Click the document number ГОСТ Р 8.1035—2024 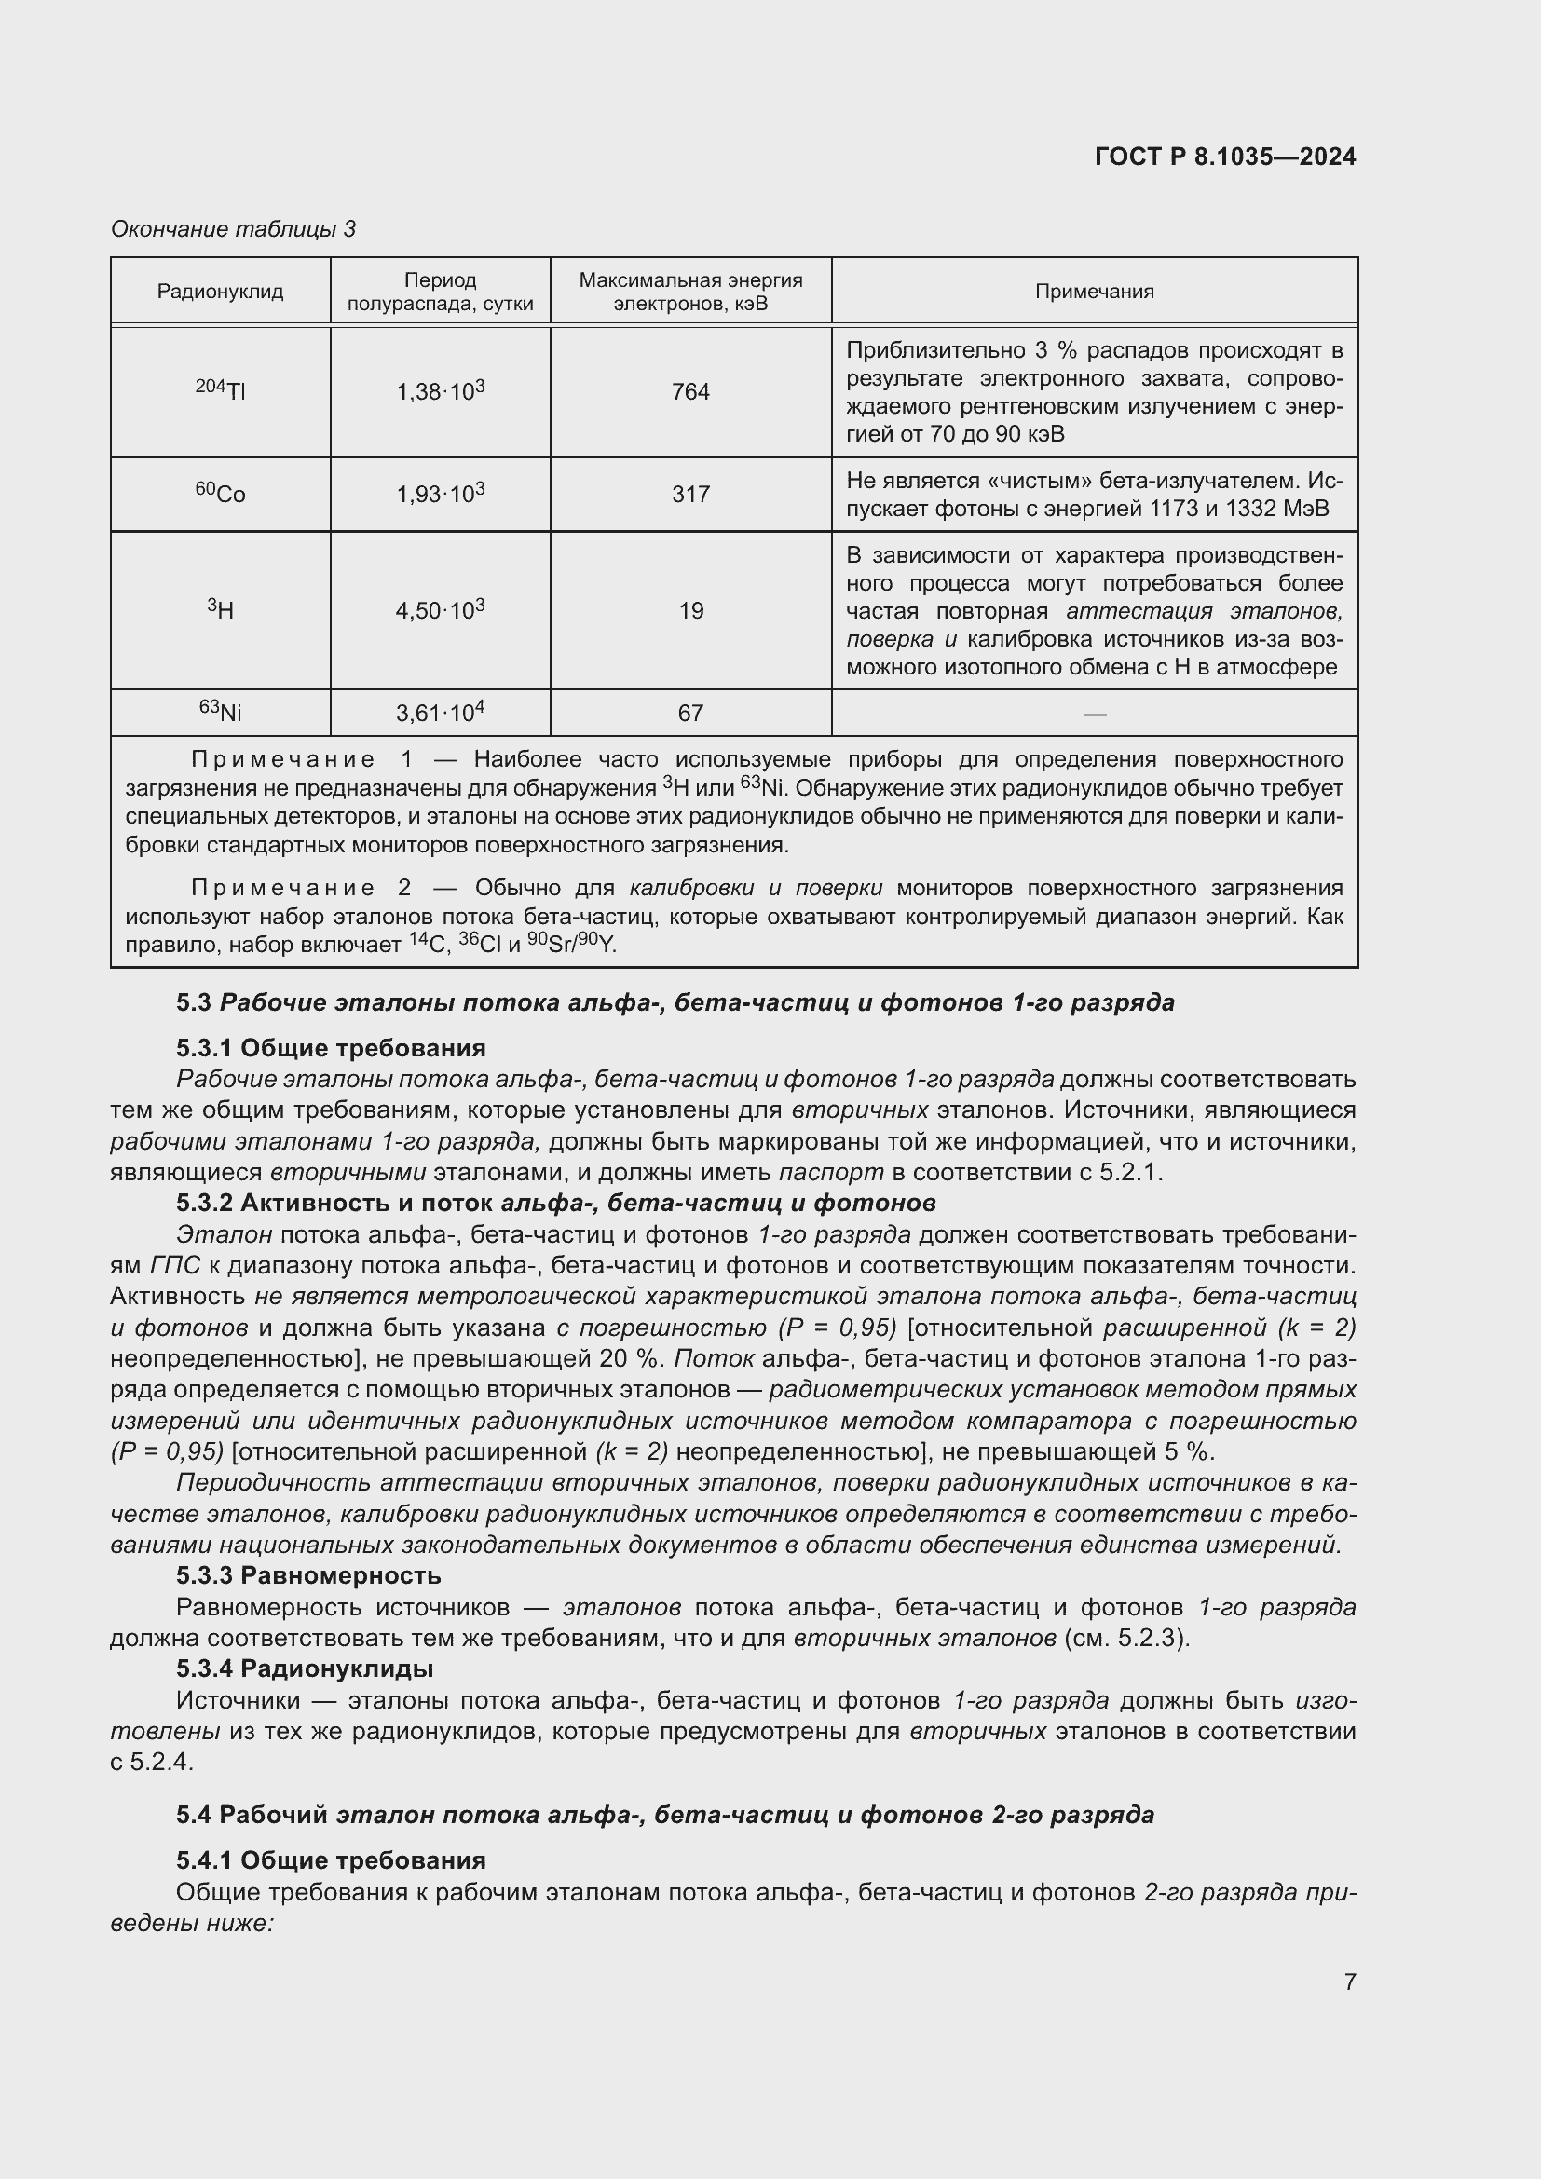click(x=1225, y=157)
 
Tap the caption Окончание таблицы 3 click(x=234, y=229)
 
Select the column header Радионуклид click(x=220, y=292)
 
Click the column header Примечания click(x=1094, y=292)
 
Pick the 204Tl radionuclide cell click(x=220, y=390)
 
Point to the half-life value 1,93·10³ click(x=441, y=494)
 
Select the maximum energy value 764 click(x=689, y=392)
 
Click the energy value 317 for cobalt click(x=689, y=495)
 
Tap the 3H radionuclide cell click(x=220, y=609)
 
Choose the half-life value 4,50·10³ click(x=441, y=610)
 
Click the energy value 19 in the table click(x=690, y=610)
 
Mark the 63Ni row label click(x=220, y=711)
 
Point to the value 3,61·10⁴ click(x=441, y=713)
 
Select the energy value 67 click(x=689, y=713)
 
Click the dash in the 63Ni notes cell click(x=1094, y=713)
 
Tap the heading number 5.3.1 click(x=204, y=1048)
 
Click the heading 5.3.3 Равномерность click(x=308, y=1575)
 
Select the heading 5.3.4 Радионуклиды click(x=305, y=1668)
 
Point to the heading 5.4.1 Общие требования click(x=330, y=1860)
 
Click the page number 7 click(x=1349, y=1982)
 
